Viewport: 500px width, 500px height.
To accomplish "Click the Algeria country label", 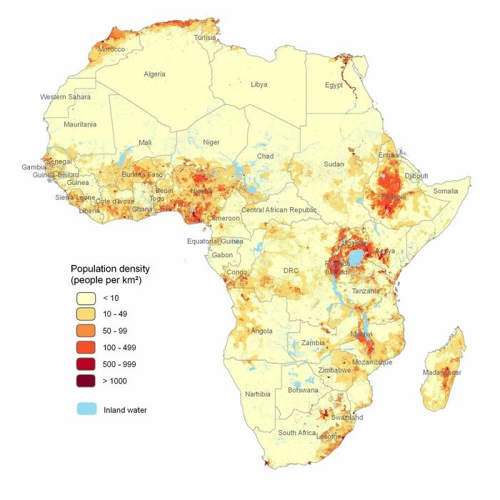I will tap(154, 74).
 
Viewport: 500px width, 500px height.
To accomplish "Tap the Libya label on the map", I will tap(259, 84).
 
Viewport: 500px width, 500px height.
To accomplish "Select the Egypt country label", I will tap(334, 85).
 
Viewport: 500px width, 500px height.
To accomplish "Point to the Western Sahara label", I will tap(65, 96).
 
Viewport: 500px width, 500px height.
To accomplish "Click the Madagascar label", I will tap(442, 373).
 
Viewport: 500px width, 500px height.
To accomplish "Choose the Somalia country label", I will tap(446, 191).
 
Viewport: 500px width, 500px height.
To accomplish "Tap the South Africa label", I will tap(297, 433).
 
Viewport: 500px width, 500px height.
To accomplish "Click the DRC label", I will tap(291, 271).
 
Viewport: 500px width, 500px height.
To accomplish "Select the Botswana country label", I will tap(304, 391).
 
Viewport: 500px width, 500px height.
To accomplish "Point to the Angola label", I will tap(262, 331).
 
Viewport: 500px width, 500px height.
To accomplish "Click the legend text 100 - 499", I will tap(119, 348).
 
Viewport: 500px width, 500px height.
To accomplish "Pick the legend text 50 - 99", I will tap(116, 331).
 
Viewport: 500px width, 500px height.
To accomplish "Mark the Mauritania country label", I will tap(80, 124).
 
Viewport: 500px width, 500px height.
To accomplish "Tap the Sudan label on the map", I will tap(334, 164).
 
